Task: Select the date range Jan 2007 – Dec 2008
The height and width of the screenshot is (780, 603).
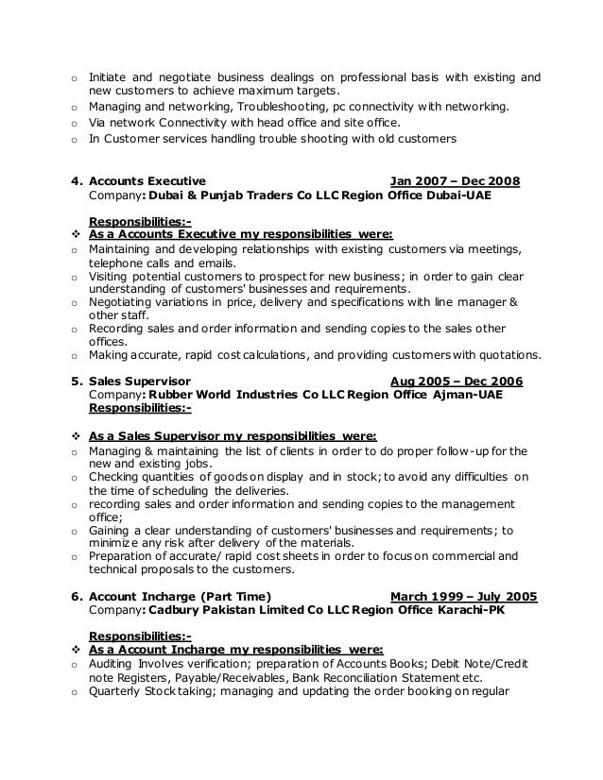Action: [x=460, y=180]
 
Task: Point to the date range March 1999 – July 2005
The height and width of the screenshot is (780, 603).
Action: [x=463, y=597]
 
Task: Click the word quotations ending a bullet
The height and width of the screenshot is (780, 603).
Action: [x=509, y=356]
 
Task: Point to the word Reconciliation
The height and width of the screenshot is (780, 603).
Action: [x=359, y=678]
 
